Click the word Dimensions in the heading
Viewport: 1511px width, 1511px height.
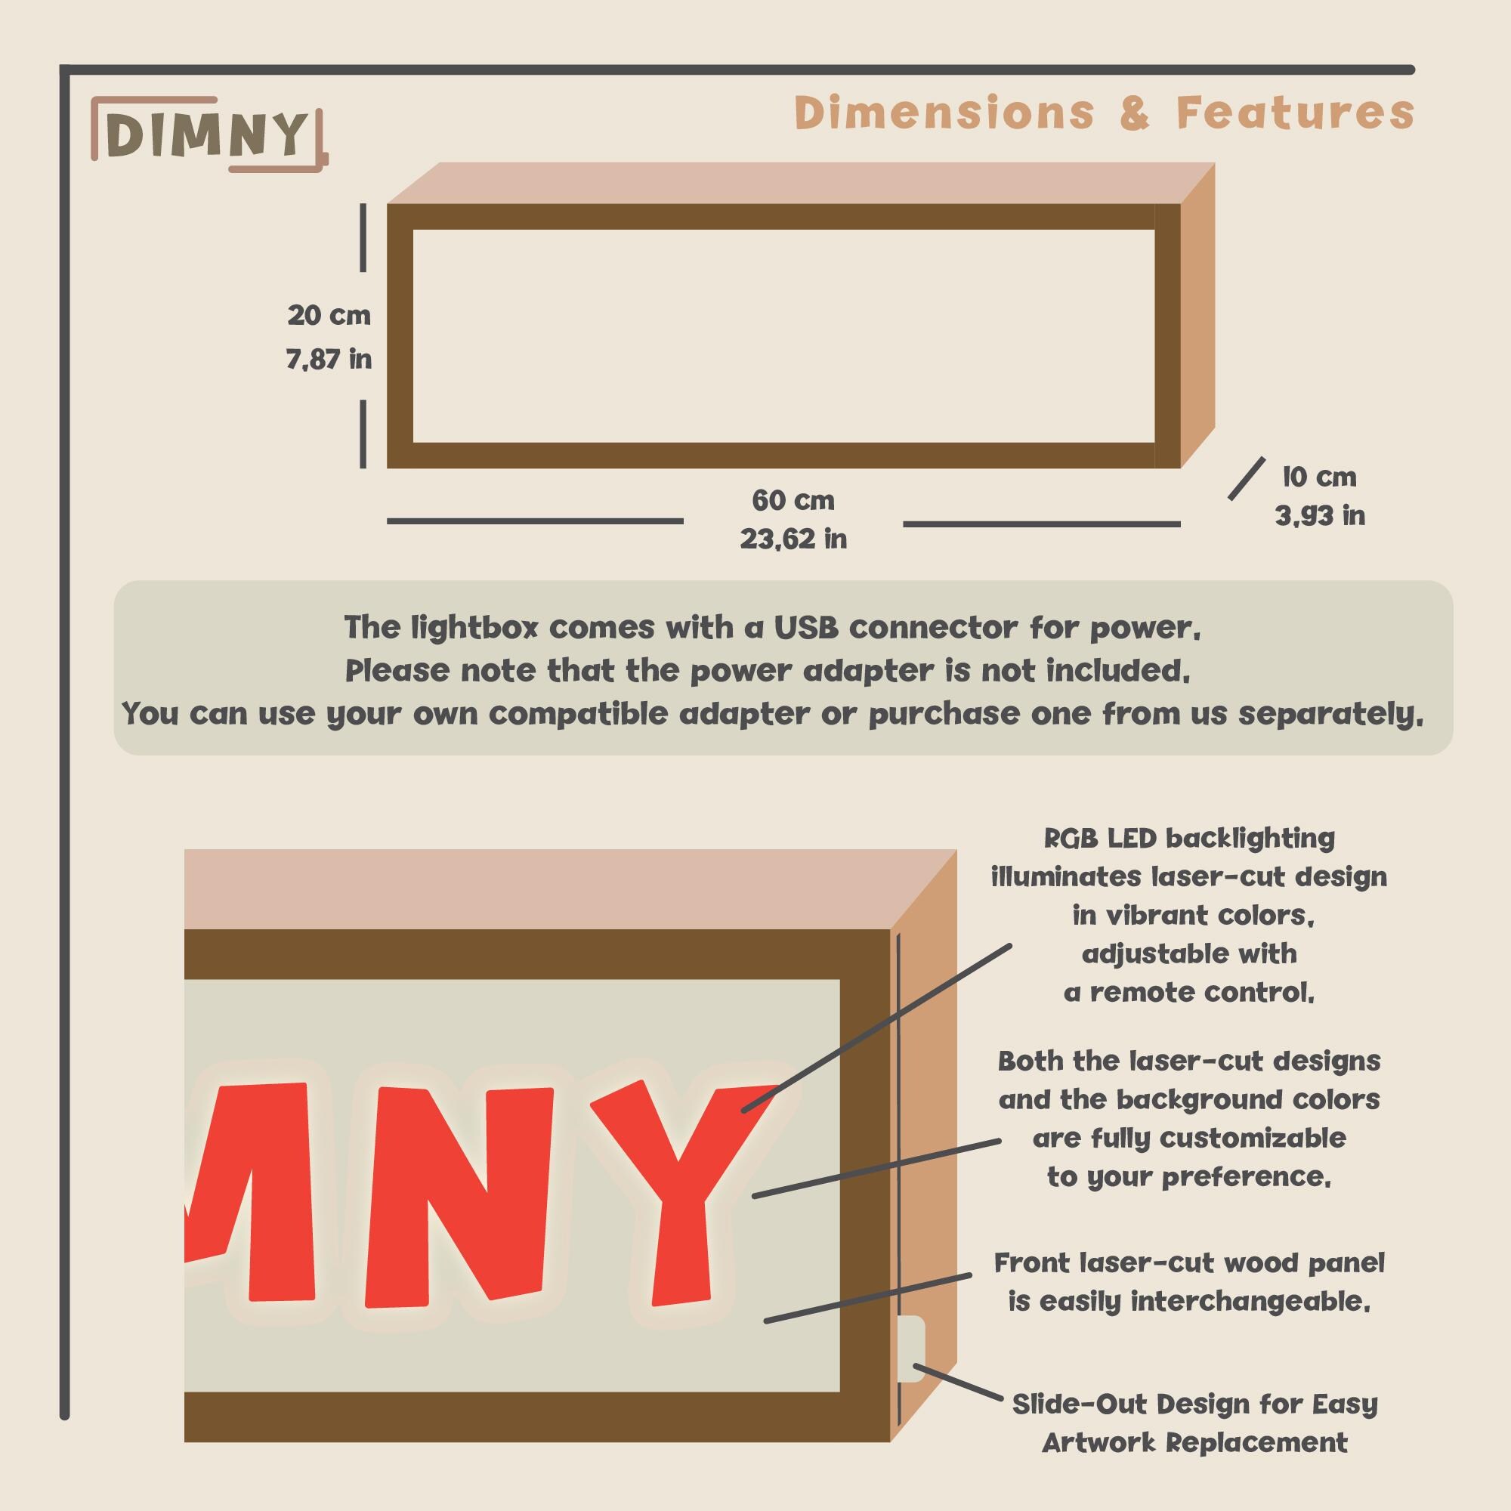pyautogui.click(x=944, y=113)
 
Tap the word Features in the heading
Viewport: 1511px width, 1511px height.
pyautogui.click(x=1295, y=113)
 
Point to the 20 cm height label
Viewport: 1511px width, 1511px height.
pyautogui.click(x=329, y=315)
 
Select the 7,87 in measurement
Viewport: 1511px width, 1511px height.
pyautogui.click(x=329, y=359)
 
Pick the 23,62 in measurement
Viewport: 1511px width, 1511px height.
pyautogui.click(x=793, y=539)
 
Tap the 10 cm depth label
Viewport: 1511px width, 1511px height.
pyautogui.click(x=1319, y=476)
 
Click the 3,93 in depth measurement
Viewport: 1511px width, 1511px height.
pyautogui.click(x=1319, y=515)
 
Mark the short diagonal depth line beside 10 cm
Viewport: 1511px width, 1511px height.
pyautogui.click(x=1246, y=479)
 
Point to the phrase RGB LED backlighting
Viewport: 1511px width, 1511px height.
pyautogui.click(x=1188, y=839)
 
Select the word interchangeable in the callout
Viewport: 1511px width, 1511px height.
pyautogui.click(x=1250, y=1302)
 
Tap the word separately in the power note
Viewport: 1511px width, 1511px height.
pyautogui.click(x=1330, y=713)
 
